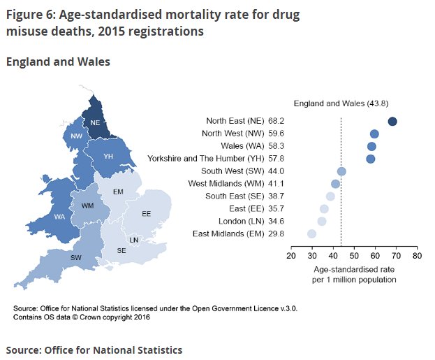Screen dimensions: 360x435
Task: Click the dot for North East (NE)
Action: click(392, 122)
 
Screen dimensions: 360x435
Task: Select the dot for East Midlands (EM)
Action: click(311, 233)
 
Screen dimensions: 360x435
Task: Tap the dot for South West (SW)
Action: click(341, 171)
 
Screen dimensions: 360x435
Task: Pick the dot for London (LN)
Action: click(322, 221)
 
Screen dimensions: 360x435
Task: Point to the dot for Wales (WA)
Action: click(371, 147)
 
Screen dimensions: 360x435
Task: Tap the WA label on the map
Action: click(60, 217)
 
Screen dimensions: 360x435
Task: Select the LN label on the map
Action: click(134, 240)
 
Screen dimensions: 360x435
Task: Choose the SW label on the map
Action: click(75, 257)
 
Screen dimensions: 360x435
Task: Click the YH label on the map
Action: click(109, 157)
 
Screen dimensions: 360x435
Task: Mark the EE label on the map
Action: click(147, 213)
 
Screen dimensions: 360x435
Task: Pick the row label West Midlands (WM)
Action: click(226, 184)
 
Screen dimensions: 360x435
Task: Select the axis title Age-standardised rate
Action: click(355, 269)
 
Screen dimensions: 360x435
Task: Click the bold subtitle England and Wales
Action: click(58, 62)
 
